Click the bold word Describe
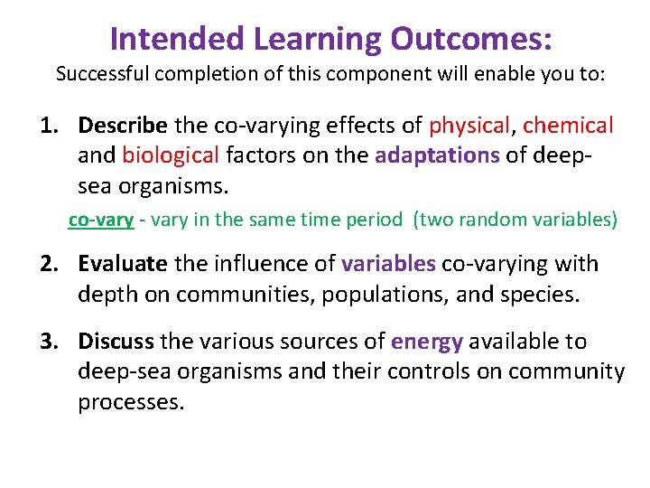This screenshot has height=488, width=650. click(123, 125)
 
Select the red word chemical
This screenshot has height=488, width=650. click(568, 125)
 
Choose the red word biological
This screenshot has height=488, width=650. click(171, 155)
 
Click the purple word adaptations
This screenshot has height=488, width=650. click(436, 155)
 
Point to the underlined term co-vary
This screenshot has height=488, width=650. click(101, 220)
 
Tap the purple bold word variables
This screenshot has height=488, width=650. click(388, 264)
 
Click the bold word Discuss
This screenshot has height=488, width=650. click(116, 342)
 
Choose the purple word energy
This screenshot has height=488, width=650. click(426, 342)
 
